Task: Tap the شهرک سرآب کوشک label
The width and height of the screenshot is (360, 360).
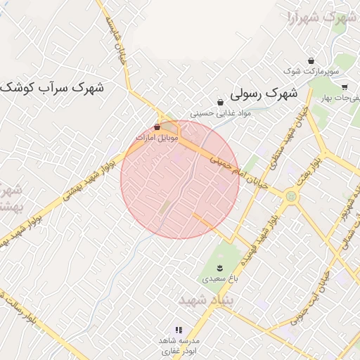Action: pyautogui.click(x=52, y=89)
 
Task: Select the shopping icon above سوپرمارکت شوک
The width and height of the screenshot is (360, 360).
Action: pyautogui.click(x=311, y=60)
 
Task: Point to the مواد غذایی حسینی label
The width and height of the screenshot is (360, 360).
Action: pyautogui.click(x=220, y=112)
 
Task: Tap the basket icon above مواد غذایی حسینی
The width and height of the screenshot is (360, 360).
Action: pyautogui.click(x=220, y=103)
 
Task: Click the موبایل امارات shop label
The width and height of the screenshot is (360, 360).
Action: pyautogui.click(x=157, y=137)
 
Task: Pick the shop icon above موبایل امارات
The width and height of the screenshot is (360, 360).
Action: pyautogui.click(x=157, y=127)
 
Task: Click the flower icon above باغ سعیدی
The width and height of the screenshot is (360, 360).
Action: pyautogui.click(x=221, y=268)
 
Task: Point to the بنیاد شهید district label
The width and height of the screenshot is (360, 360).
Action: pyautogui.click(x=205, y=300)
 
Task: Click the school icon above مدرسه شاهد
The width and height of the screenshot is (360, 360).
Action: pyautogui.click(x=179, y=329)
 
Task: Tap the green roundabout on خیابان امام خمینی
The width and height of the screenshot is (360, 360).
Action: pyautogui.click(x=290, y=196)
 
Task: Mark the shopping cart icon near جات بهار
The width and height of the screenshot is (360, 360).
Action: pyautogui.click(x=345, y=88)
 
